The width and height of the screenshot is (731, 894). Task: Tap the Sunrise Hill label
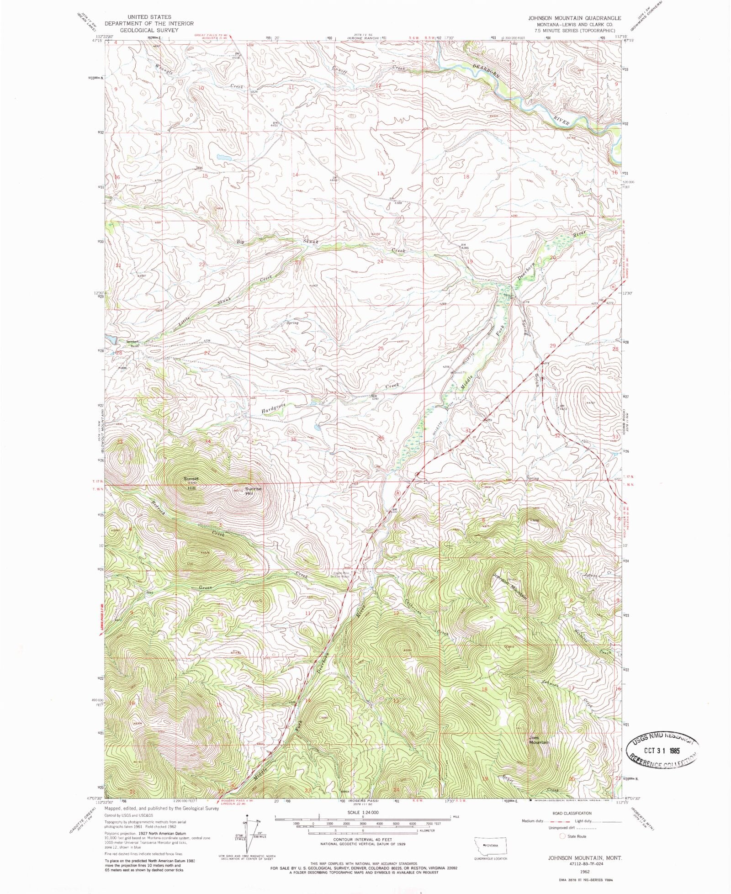(254, 491)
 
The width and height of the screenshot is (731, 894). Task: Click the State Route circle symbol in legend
(562, 836)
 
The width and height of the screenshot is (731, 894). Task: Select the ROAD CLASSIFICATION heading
(572, 813)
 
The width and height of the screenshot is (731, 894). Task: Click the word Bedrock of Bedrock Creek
(159, 505)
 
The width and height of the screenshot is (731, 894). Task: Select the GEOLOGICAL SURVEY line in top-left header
(148, 30)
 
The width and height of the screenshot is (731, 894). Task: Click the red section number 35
(293, 439)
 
